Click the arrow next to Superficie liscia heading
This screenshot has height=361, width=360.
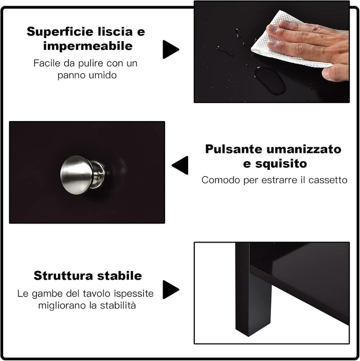[170, 49]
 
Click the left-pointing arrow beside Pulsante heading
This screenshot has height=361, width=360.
[181, 165]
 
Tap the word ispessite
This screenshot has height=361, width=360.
[135, 294]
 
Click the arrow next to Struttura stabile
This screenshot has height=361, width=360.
[170, 289]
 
